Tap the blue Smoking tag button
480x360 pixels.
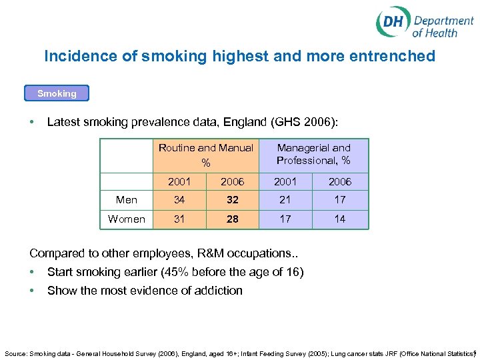click(57, 93)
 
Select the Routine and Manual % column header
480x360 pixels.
click(206, 155)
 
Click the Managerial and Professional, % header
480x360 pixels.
click(313, 154)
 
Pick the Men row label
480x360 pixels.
click(127, 200)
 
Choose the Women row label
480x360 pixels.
click(127, 219)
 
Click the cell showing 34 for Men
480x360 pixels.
click(179, 200)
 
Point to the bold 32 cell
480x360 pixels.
click(232, 200)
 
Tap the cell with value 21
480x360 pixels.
click(285, 200)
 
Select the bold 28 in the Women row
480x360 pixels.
click(232, 219)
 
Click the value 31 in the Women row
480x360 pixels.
click(179, 219)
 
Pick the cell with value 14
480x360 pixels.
click(340, 219)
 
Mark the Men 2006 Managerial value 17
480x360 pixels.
click(340, 200)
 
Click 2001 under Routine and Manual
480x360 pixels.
click(179, 181)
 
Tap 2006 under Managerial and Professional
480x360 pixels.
click(340, 181)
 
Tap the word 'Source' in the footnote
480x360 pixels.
click(15, 352)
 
